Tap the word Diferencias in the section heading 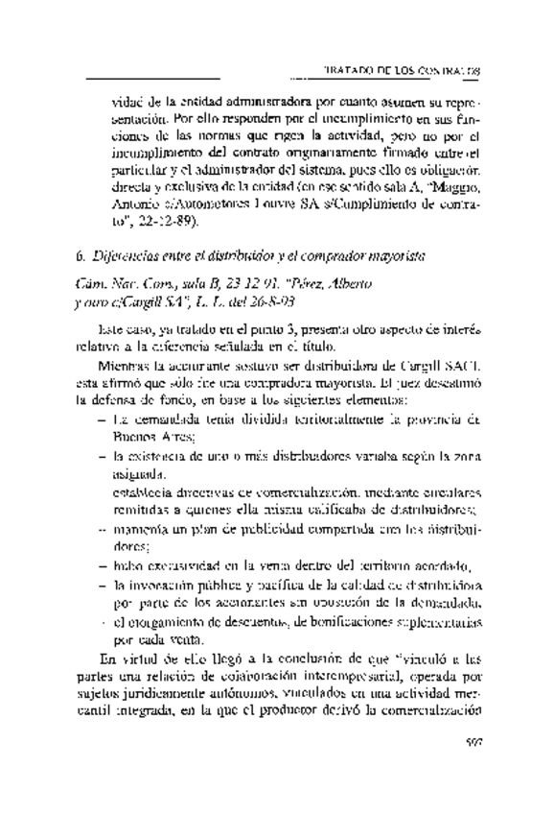click(x=121, y=257)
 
